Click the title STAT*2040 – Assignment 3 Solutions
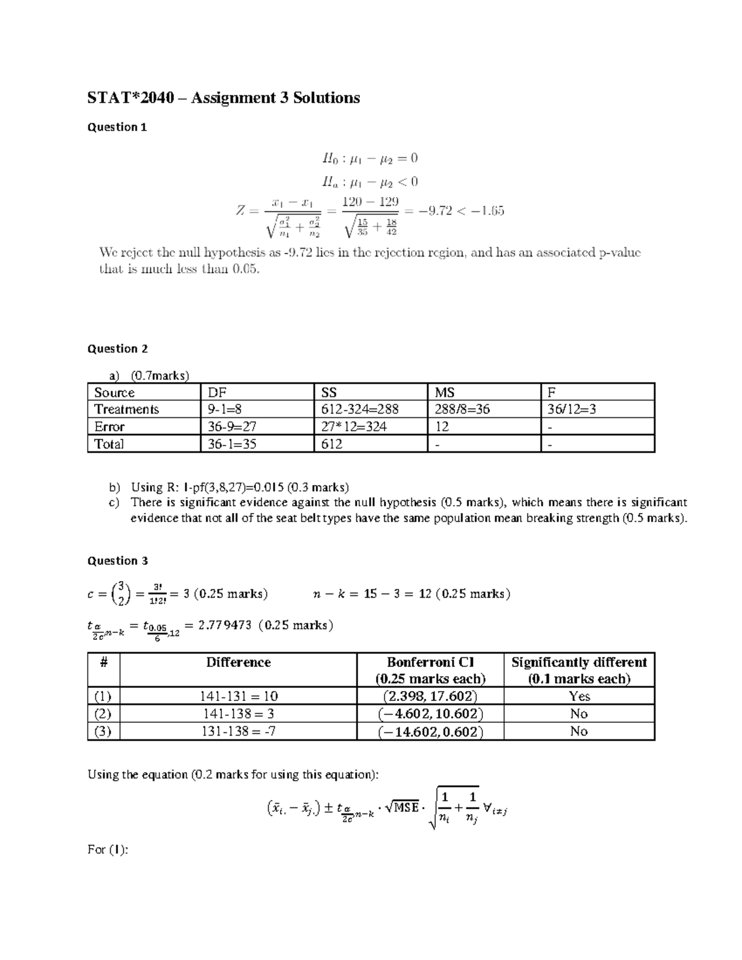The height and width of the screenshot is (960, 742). [x=223, y=98]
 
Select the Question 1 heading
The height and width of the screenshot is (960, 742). [x=117, y=127]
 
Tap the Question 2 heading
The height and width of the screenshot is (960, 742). [x=117, y=349]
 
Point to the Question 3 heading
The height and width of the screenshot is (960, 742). [x=117, y=561]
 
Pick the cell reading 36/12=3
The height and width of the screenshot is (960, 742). [x=571, y=409]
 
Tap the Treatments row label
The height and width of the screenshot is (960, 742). [x=126, y=409]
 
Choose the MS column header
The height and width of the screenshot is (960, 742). [x=445, y=393]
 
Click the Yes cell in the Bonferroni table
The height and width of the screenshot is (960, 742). [x=579, y=696]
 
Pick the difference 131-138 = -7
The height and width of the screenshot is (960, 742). [x=238, y=731]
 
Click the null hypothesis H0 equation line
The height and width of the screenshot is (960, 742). [x=370, y=158]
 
